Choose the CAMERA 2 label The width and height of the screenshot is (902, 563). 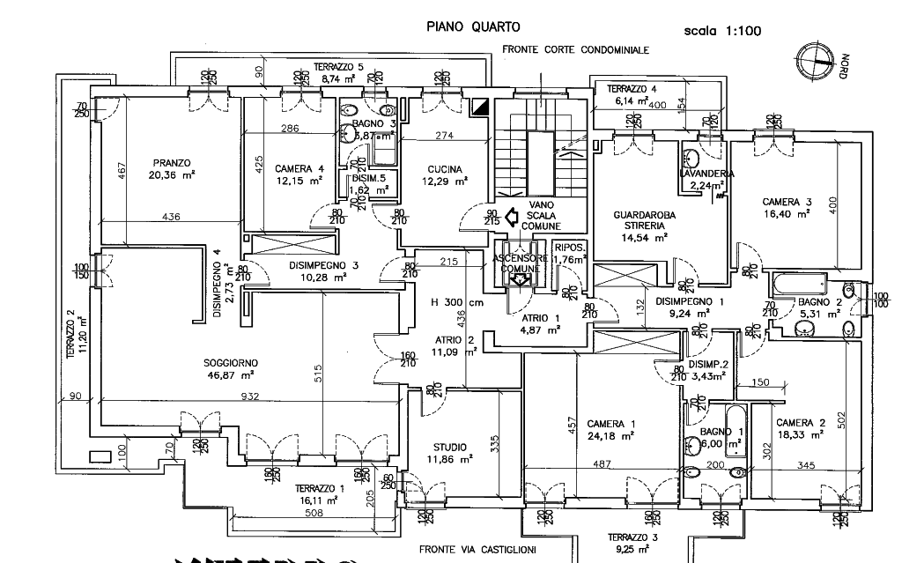[x=801, y=422]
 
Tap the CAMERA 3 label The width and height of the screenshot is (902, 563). [x=786, y=202]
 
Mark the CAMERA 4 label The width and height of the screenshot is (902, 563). [x=292, y=169]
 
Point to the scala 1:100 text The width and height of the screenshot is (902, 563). [x=721, y=32]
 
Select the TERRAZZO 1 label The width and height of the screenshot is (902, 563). [x=316, y=489]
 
